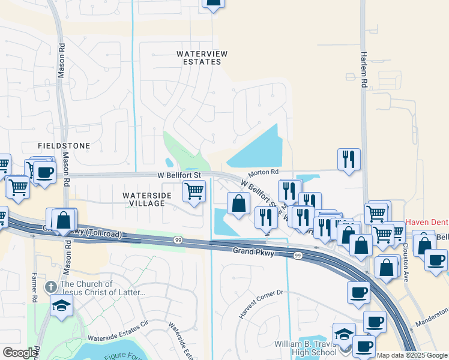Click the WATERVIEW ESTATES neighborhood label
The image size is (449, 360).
(202, 58)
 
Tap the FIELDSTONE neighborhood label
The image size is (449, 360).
(64, 146)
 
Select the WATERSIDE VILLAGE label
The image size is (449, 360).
(143, 200)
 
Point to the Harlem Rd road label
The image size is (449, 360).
(364, 79)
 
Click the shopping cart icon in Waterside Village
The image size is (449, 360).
(193, 191)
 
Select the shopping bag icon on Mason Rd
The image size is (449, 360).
(64, 220)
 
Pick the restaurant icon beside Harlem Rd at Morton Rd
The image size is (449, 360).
(349, 160)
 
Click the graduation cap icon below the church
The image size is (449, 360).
(61, 305)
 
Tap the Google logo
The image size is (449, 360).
(20, 353)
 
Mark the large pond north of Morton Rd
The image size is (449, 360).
(258, 150)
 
